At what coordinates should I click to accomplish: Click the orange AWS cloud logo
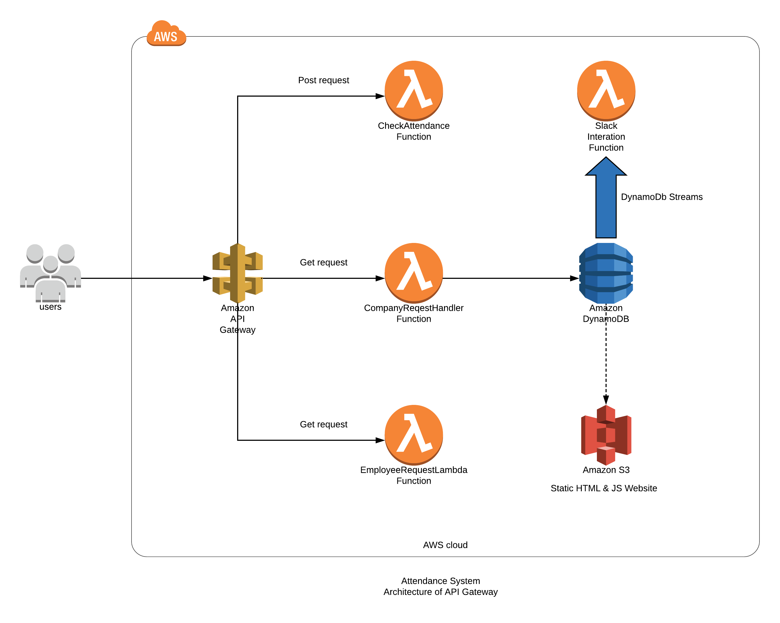(x=166, y=34)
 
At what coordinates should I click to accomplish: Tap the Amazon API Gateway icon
(x=237, y=273)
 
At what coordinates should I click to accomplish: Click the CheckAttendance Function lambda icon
(x=413, y=90)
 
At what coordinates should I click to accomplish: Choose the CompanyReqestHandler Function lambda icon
(x=413, y=273)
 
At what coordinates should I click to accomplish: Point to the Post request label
(x=324, y=80)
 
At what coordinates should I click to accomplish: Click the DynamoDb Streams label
(x=661, y=197)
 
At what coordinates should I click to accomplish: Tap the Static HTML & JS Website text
(x=603, y=488)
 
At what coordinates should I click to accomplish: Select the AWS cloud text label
(x=445, y=545)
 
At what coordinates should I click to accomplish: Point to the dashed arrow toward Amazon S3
(x=606, y=362)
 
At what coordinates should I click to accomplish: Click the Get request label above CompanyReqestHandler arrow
(x=324, y=262)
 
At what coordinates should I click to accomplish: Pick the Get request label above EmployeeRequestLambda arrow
(x=324, y=425)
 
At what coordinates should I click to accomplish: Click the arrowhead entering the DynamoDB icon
(x=574, y=278)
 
